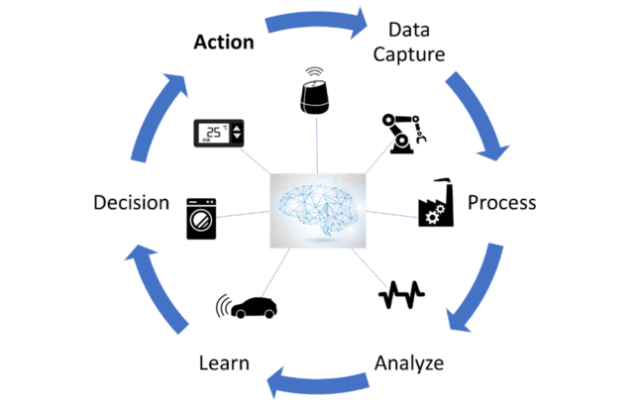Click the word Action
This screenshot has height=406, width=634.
coord(224,43)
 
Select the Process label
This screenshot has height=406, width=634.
coord(501,203)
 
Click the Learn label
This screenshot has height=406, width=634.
coord(223,363)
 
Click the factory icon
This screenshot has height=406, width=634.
coord(436,204)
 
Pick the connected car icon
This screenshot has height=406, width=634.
coord(248,307)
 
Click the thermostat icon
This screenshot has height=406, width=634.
coord(217,134)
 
